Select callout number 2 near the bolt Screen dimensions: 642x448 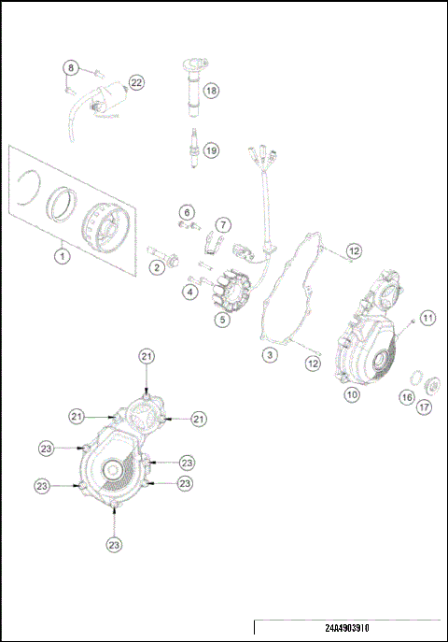[157, 268]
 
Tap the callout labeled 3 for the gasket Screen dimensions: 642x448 [268, 355]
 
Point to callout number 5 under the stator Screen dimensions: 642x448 [222, 321]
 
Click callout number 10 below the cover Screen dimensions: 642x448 [352, 395]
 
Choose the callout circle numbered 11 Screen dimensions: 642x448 [427, 318]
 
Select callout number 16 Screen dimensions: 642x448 [407, 397]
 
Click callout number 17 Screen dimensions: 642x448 [426, 407]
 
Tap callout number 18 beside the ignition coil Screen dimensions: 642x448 [211, 91]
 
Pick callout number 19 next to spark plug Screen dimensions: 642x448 [211, 150]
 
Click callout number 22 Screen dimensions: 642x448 [136, 83]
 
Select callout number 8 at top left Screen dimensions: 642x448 [70, 67]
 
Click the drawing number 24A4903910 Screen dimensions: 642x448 [347, 630]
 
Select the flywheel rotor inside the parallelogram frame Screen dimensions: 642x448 [104, 225]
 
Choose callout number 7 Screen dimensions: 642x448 [223, 224]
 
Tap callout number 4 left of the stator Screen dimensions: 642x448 [190, 292]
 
